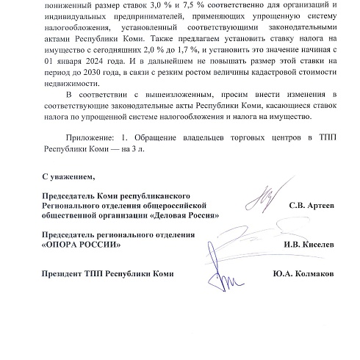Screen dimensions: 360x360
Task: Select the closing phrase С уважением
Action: (x=68, y=178)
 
